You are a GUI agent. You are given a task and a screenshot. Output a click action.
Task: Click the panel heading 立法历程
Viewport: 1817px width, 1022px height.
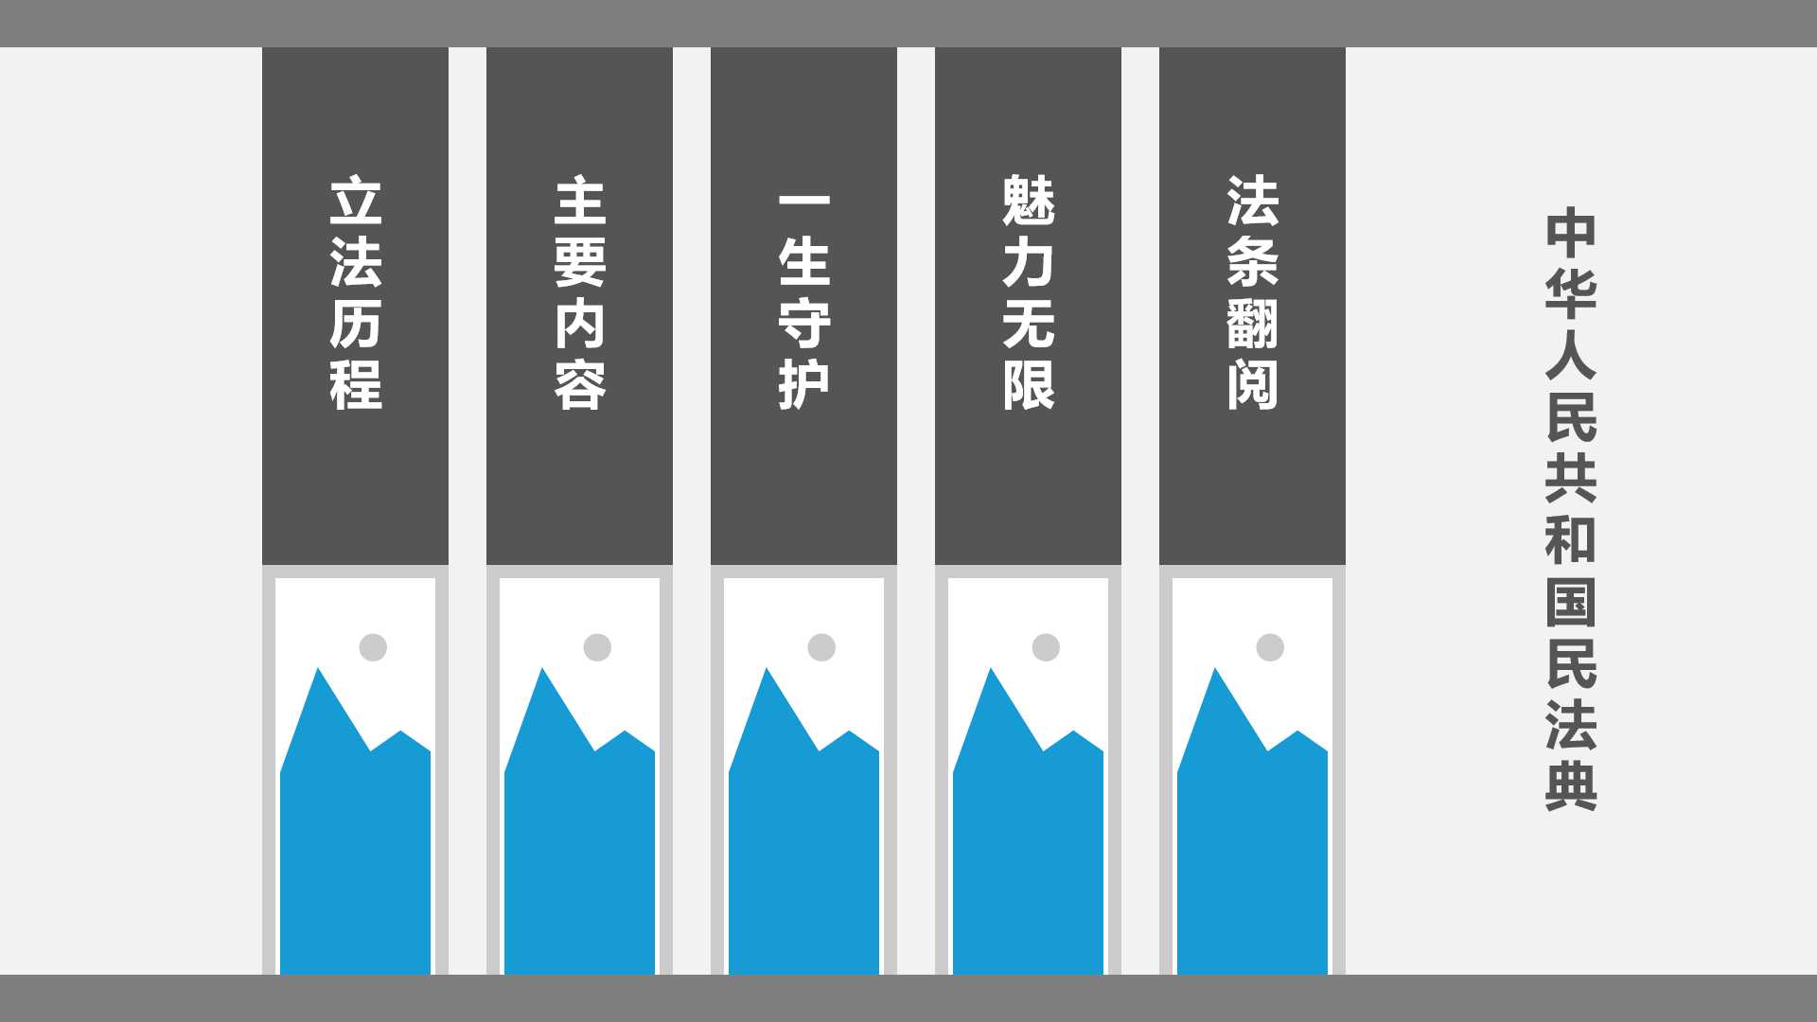(x=356, y=292)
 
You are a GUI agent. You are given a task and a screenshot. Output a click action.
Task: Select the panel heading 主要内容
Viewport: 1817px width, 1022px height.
(x=580, y=292)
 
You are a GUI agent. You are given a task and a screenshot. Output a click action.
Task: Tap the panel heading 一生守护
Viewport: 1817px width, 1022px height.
(x=804, y=292)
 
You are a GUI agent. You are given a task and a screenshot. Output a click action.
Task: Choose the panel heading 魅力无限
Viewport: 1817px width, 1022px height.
(x=1029, y=292)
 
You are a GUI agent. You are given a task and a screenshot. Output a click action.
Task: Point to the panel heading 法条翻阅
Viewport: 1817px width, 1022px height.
(x=1253, y=292)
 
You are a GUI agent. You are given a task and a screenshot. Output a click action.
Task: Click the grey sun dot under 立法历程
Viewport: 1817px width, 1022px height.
(x=373, y=647)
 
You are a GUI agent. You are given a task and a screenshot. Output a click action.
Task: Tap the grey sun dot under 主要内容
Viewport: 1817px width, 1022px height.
(x=597, y=647)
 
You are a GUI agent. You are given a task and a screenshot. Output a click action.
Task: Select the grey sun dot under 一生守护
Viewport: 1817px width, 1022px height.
(x=821, y=647)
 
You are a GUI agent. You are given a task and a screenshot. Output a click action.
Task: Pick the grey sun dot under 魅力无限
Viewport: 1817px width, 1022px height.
(x=1046, y=647)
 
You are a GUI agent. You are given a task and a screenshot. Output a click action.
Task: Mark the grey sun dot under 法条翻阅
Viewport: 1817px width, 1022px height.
(x=1270, y=647)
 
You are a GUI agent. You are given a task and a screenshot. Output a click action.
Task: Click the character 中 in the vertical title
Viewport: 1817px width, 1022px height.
(x=1571, y=233)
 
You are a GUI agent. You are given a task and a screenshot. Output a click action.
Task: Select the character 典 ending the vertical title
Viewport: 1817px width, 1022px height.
(x=1571, y=784)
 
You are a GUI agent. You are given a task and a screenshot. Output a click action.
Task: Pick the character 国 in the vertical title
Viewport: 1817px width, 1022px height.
(x=1571, y=602)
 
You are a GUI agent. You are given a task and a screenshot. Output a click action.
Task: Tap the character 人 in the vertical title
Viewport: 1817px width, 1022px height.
(x=1571, y=355)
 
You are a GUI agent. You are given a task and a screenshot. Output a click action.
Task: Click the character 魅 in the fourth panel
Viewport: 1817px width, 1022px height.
(x=1029, y=201)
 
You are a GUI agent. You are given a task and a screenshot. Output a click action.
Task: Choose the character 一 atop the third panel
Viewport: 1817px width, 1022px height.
(x=804, y=201)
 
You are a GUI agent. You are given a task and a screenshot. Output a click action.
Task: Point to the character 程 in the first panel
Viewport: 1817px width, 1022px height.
(x=356, y=385)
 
